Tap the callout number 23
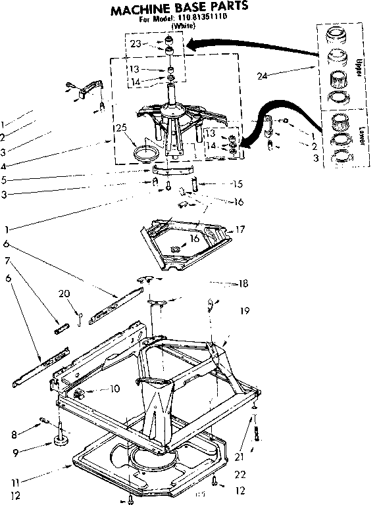[136, 44]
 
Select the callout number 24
[261, 77]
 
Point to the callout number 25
[120, 127]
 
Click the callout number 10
[114, 389]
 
